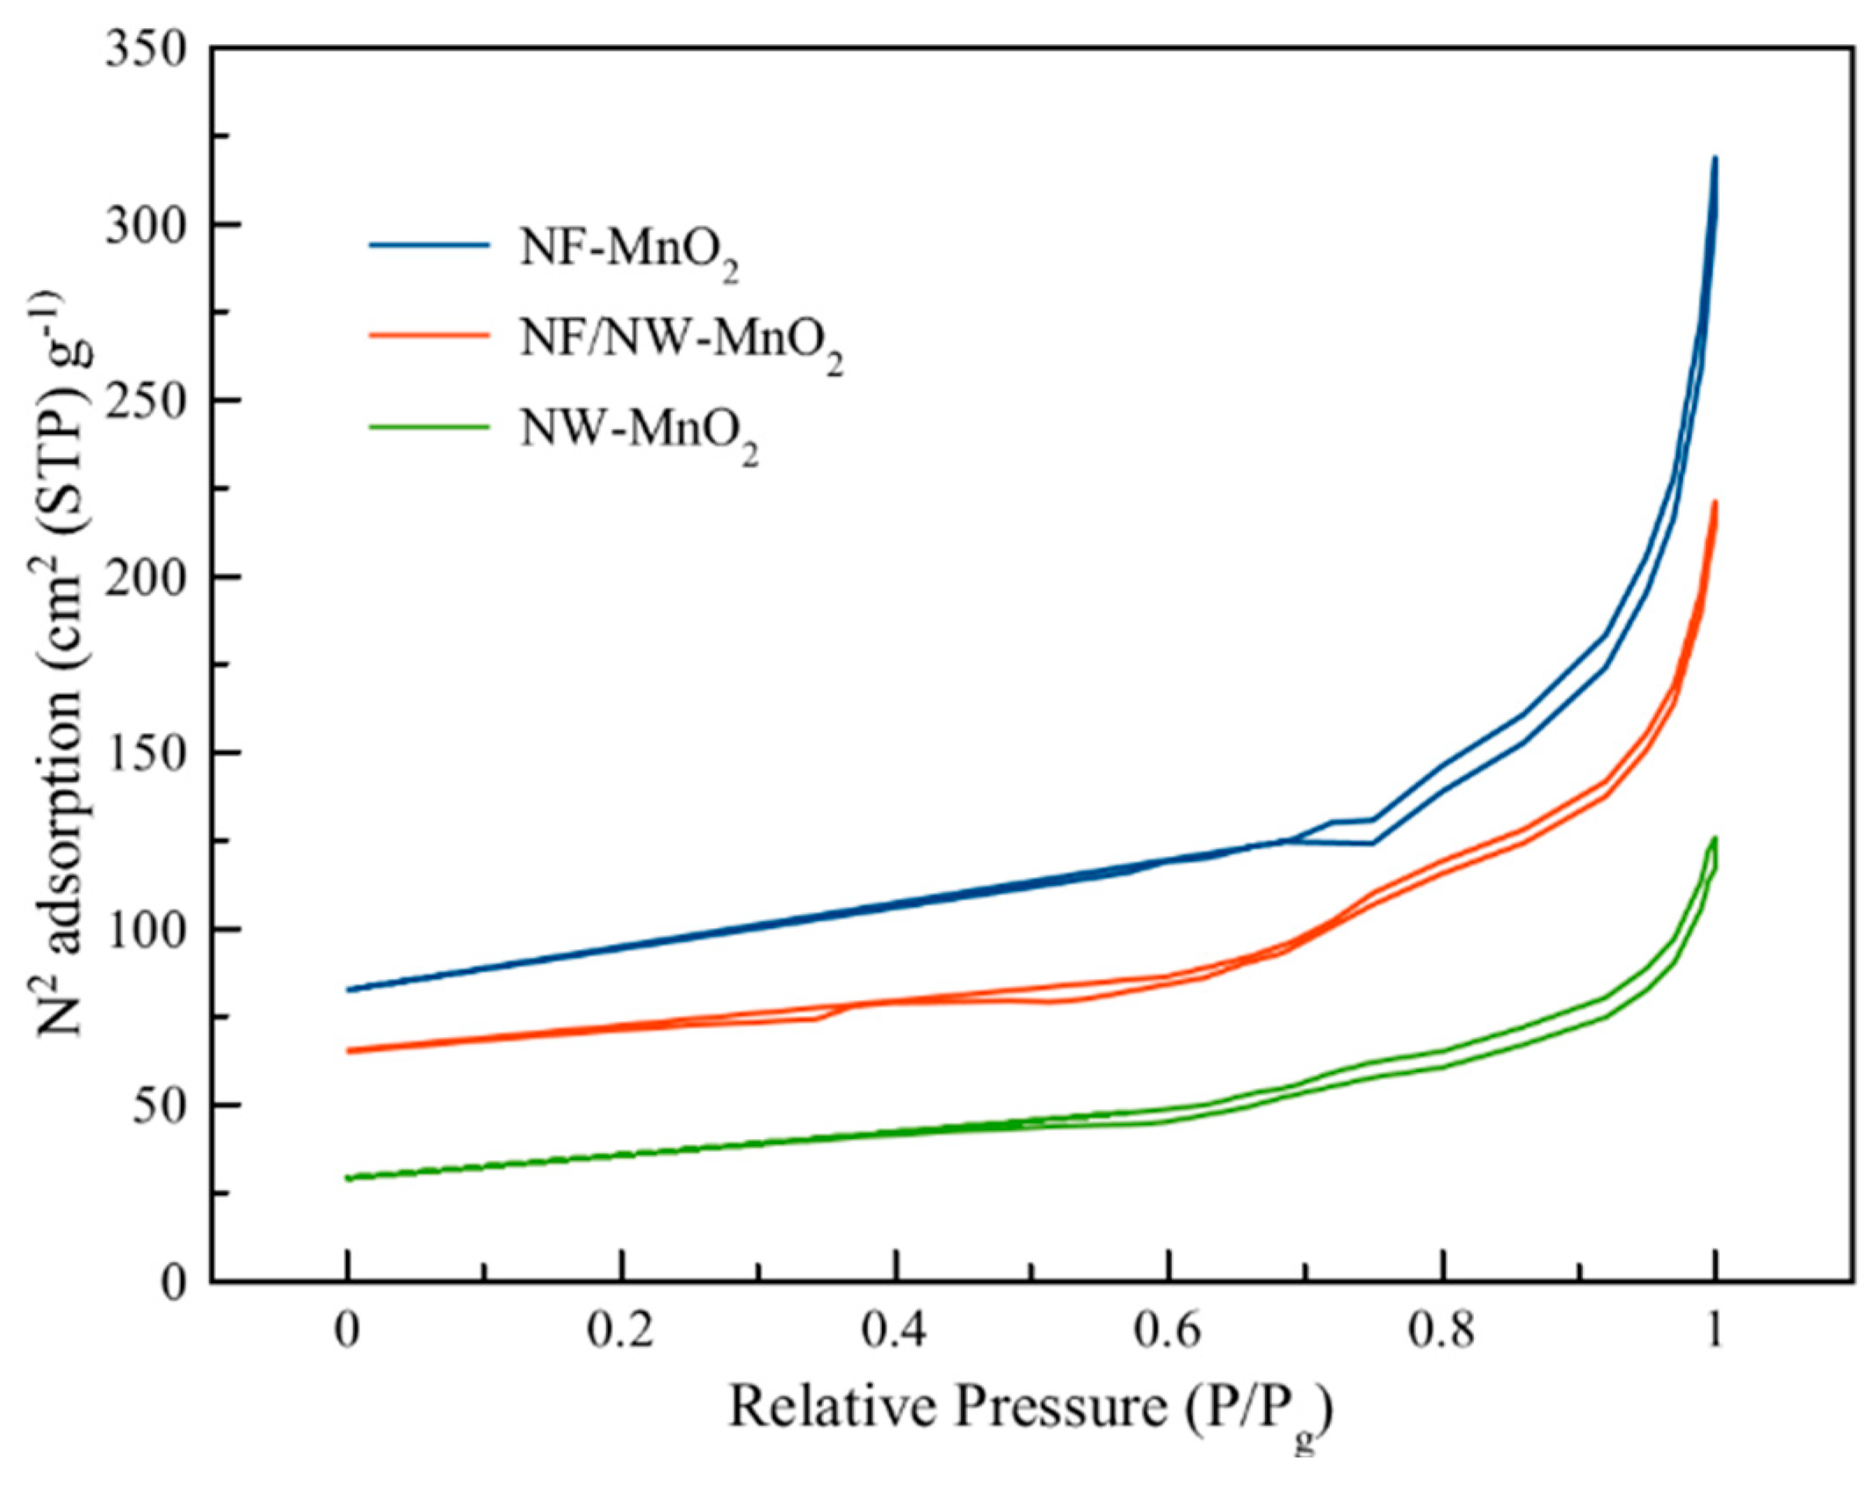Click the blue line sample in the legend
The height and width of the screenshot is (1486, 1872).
click(429, 246)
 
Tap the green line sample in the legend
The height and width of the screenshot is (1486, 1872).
click(429, 428)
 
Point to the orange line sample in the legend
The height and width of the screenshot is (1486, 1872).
click(429, 337)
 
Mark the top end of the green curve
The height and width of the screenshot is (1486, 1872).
click(1714, 838)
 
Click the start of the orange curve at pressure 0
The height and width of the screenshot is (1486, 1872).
click(349, 1051)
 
